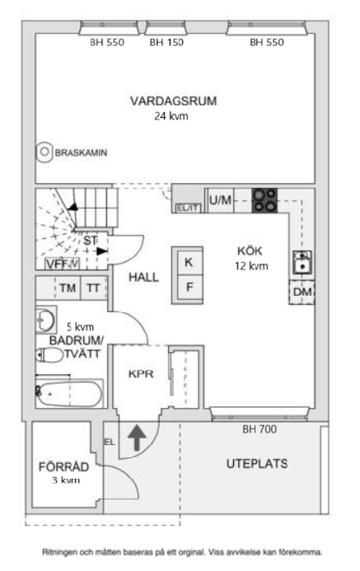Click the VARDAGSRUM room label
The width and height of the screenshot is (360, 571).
pos(173,101)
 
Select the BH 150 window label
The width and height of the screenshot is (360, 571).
pos(166,41)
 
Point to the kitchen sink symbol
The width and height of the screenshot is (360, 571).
pos(302,263)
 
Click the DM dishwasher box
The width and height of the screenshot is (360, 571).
pos(302,293)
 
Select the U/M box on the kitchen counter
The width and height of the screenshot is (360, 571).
pos(219,200)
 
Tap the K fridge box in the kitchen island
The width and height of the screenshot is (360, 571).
pos(189,263)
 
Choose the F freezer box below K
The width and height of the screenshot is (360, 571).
pos(189,288)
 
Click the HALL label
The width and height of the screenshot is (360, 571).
pos(143,277)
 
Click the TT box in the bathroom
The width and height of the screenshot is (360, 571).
pos(94,288)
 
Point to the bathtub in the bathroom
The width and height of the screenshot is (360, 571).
pos(69,392)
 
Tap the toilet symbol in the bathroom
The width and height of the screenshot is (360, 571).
pos(50,355)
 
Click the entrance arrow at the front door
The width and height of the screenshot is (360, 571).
pos(137,437)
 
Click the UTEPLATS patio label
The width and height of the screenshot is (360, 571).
pos(256,464)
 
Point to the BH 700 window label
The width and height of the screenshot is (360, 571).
pos(259,429)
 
